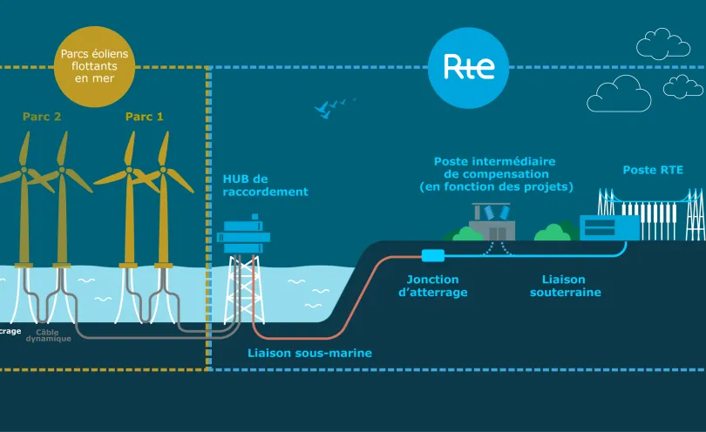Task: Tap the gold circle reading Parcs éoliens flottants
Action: click(94, 67)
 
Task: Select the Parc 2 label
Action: click(41, 116)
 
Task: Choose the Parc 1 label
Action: click(144, 116)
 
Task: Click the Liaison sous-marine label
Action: click(309, 353)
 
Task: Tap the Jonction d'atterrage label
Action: click(432, 286)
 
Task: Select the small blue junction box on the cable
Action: click(432, 256)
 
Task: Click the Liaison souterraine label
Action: click(565, 286)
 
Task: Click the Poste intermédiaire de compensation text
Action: click(494, 174)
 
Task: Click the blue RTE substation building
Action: click(609, 228)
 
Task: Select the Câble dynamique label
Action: click(54, 335)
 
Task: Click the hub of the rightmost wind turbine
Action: click(163, 171)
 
